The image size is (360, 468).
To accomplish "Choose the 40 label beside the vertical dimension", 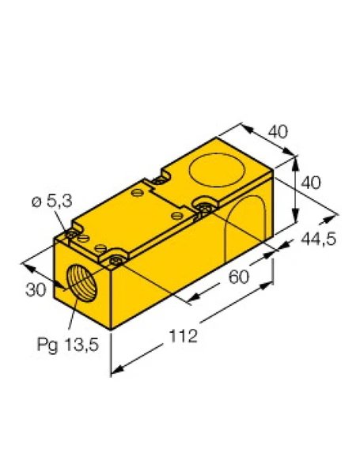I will [312, 183].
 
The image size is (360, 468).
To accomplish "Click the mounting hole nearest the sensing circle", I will [204, 206].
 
